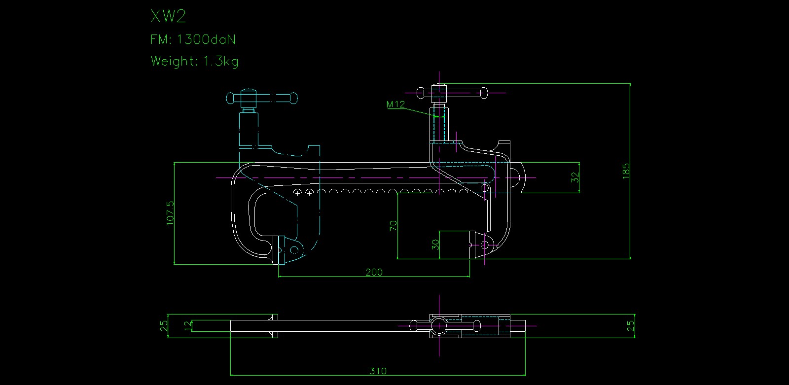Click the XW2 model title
[168, 17]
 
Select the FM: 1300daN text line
[193, 39]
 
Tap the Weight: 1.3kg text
[194, 61]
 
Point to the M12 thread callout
[395, 105]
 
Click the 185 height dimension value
[626, 171]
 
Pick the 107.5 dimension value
[171, 213]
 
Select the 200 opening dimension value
[374, 272]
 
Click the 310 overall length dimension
[378, 371]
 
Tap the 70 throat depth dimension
[393, 226]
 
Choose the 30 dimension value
[435, 245]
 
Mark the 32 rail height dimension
[575, 177]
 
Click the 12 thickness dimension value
[187, 326]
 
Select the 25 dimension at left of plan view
[164, 326]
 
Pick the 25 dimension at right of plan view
[630, 326]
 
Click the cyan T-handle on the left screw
[262, 97]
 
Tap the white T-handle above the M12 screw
[452, 92]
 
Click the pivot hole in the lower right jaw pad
[484, 245]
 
